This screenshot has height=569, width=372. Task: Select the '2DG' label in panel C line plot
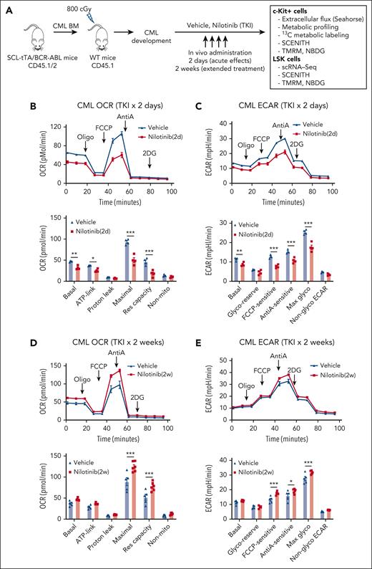tap(295, 163)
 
